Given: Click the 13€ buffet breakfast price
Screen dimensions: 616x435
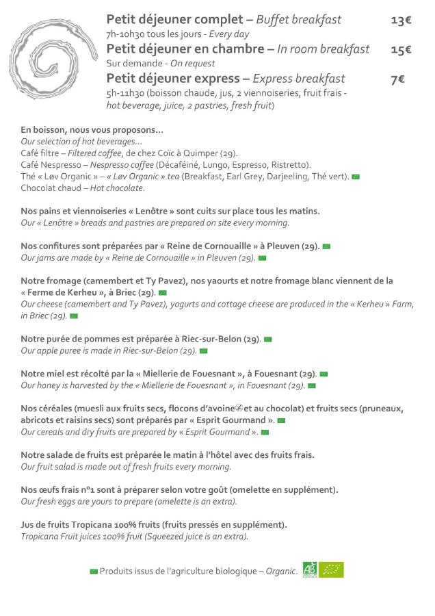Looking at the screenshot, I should (x=401, y=20).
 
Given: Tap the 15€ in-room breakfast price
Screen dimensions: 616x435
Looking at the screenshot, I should (x=401, y=49).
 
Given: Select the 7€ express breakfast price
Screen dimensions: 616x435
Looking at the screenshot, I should (x=397, y=79).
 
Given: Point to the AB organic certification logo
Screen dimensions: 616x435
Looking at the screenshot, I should (x=310, y=569).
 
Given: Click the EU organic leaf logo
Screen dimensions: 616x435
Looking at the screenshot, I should (x=332, y=569).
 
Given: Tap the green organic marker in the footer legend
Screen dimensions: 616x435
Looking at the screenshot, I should (x=94, y=572).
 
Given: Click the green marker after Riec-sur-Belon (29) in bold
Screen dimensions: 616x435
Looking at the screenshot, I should (x=268, y=339).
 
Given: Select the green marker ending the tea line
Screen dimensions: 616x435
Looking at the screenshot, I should (x=356, y=177).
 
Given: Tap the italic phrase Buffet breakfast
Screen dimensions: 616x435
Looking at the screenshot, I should (x=298, y=20).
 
